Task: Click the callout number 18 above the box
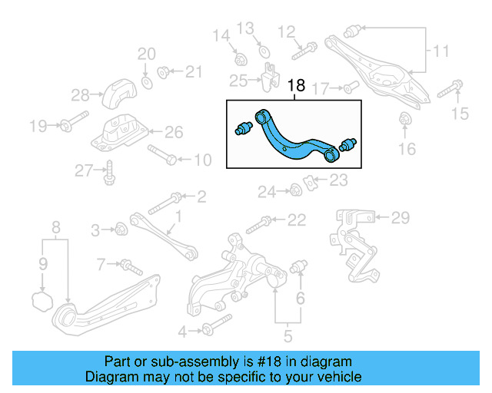point(296,87)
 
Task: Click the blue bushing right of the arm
point(349,144)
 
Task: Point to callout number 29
point(401,219)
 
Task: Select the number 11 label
point(440,51)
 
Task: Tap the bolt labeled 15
point(450,89)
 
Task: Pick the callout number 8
point(55,226)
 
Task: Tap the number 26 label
point(174,133)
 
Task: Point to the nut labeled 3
point(121,228)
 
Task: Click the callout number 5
point(287,335)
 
